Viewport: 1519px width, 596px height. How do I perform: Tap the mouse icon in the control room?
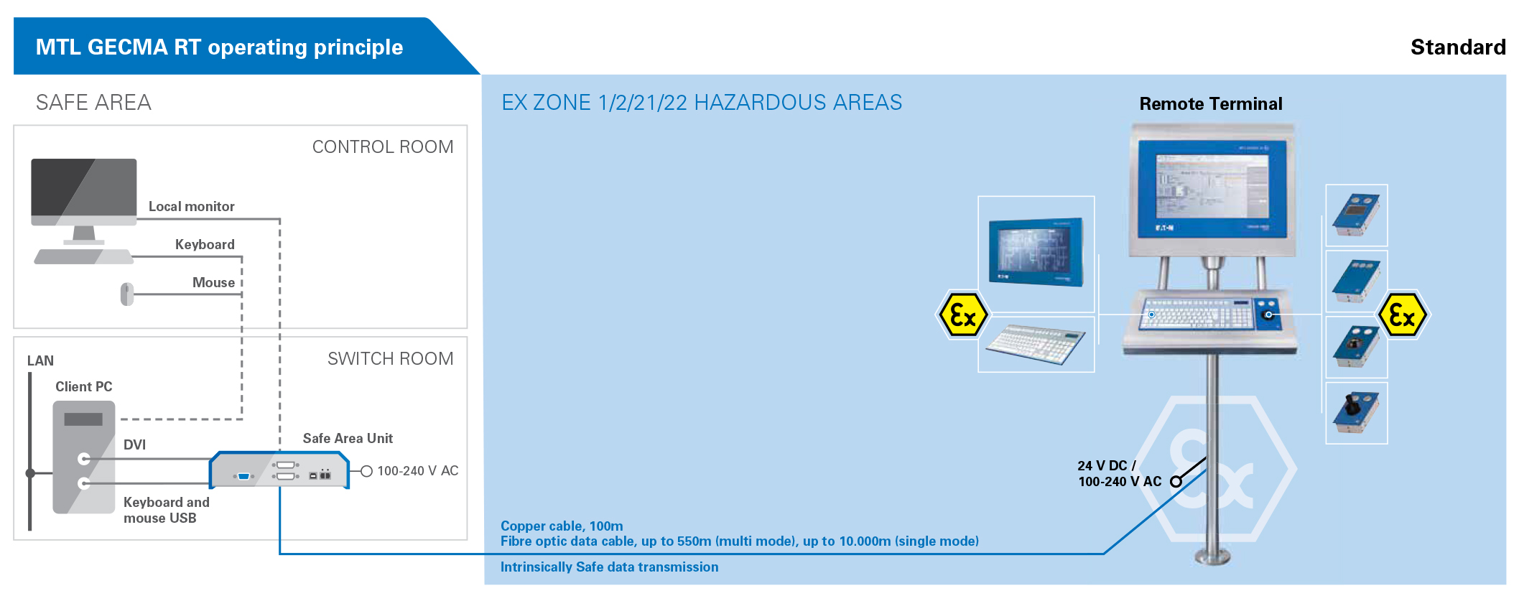[x=127, y=294]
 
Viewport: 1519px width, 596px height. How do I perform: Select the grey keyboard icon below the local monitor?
[x=84, y=256]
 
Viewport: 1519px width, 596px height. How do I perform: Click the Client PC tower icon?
[x=84, y=457]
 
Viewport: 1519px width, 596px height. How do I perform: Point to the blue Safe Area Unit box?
[x=279, y=470]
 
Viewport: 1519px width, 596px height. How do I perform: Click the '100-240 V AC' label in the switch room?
[x=418, y=471]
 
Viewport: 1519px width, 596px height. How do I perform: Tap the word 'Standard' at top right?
[x=1458, y=47]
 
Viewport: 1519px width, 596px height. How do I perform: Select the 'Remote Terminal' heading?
[x=1211, y=104]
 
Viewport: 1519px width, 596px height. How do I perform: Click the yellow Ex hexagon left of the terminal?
[x=963, y=315]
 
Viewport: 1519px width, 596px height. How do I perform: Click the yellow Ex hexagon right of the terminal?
[x=1403, y=315]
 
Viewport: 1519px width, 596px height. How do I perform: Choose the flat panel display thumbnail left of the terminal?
[x=1036, y=252]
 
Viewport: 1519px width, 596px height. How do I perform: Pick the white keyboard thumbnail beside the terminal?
[x=1036, y=344]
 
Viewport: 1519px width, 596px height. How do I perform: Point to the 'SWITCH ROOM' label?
[x=391, y=359]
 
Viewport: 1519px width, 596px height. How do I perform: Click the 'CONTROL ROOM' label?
[x=383, y=147]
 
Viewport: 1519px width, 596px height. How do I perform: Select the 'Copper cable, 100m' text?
[x=562, y=526]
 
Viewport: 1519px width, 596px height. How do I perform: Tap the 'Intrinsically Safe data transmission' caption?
[x=609, y=567]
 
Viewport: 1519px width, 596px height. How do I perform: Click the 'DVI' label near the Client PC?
[x=134, y=445]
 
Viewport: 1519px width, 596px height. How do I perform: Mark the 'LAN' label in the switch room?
[x=40, y=361]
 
